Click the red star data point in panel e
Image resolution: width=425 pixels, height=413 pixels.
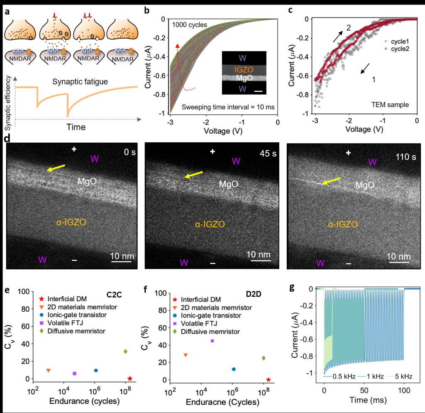pos(129,379)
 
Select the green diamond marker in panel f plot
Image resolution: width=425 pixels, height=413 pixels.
pos(264,358)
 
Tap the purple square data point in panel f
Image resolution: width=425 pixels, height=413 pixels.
pos(212,341)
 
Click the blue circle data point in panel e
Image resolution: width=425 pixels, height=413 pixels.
pos(96,370)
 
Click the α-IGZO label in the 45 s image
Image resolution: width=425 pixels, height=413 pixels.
pos(210,224)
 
